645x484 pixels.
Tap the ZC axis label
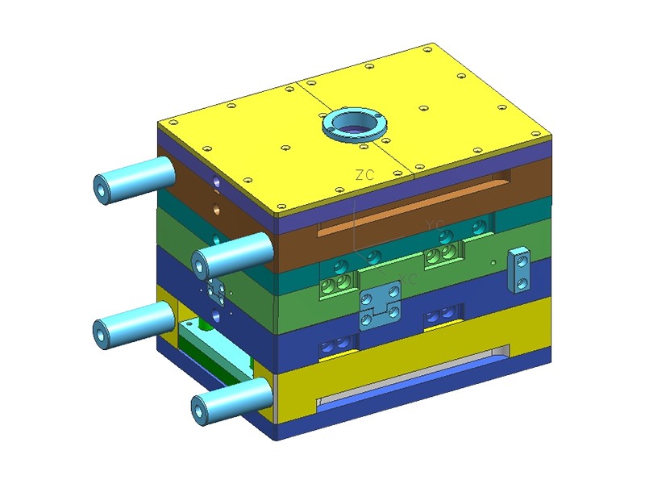pos(365,174)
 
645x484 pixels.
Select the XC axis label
pos(409,279)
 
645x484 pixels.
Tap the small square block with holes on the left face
pos(215,290)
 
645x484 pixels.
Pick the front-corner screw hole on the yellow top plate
pos(279,208)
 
